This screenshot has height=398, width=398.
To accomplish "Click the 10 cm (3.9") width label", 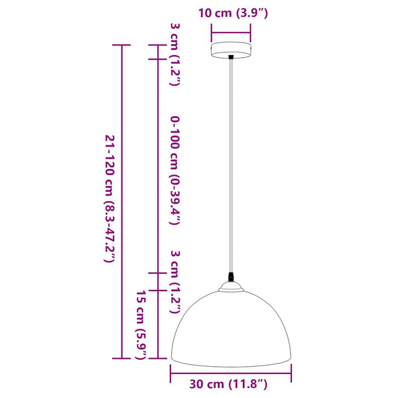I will pos(231,13).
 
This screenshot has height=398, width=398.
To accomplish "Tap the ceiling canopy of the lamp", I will pos(231,51).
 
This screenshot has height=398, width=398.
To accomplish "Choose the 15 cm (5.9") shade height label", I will pos(141,325).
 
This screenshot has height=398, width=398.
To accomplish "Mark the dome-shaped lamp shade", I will pos(231,325).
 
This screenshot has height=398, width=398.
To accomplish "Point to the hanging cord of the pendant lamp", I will pos(231,166).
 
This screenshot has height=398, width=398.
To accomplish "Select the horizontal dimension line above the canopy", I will pos(231,29).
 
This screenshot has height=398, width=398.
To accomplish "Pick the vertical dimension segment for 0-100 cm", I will pos(157,166).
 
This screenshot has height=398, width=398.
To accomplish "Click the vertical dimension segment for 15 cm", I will pos(157,324).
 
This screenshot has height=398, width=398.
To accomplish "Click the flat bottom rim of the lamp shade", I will pos(231,360).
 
